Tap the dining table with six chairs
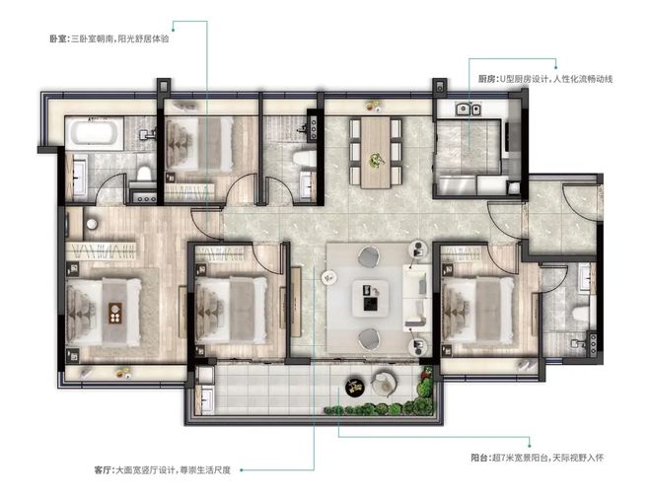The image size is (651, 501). pyautogui.click(x=376, y=153)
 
